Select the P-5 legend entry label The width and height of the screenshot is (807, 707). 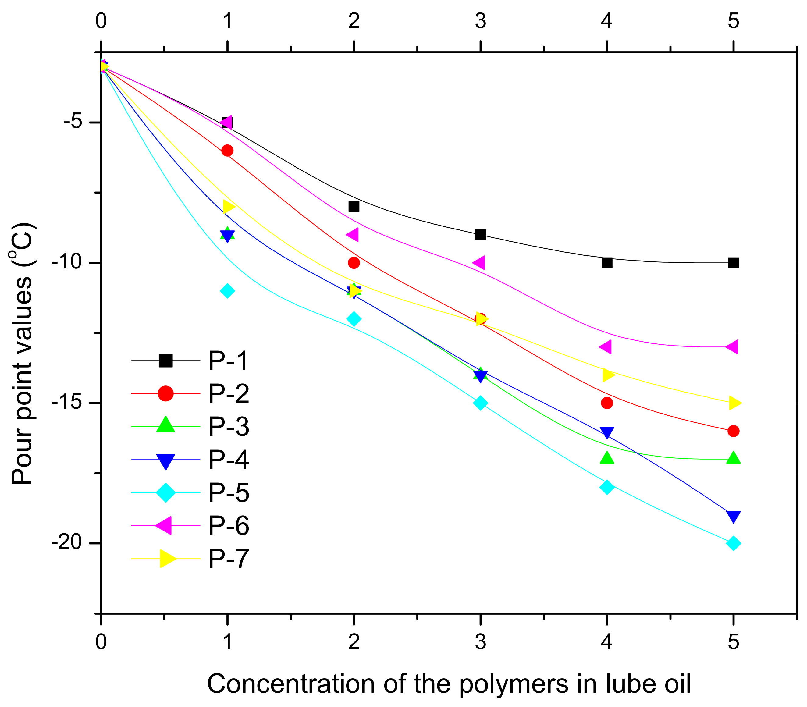229,492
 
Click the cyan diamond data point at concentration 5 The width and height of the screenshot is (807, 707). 733,543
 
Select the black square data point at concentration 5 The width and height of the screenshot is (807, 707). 733,263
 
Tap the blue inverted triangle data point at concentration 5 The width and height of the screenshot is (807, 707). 733,516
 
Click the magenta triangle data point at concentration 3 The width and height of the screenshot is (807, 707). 479,262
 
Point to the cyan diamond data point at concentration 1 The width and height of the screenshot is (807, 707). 227,291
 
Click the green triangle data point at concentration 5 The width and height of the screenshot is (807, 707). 733,458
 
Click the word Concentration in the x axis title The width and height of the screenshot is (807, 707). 290,684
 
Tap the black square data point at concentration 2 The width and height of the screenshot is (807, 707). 354,206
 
